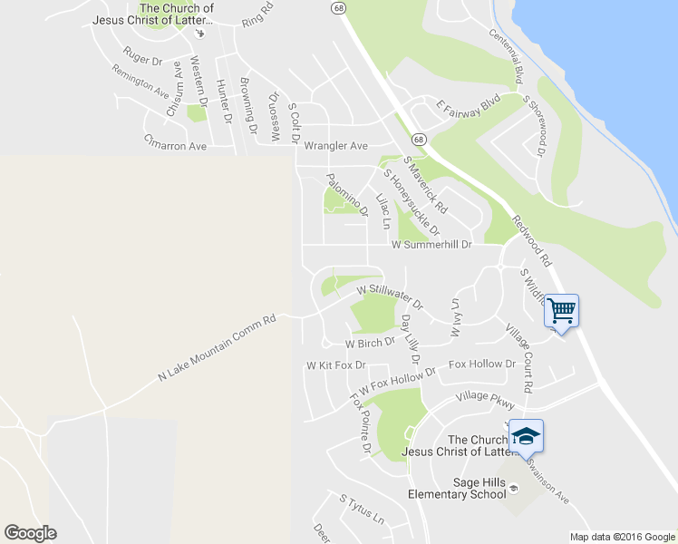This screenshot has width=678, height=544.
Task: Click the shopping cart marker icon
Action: point(561,312)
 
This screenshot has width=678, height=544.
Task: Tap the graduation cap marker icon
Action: point(526,437)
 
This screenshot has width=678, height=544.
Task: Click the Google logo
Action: point(30,533)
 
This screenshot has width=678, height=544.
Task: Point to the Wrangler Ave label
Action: point(335,145)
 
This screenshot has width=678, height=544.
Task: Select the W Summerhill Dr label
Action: point(431,245)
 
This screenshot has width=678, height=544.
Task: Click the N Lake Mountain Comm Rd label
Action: point(217,348)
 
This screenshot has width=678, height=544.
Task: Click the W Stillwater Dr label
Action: point(390,294)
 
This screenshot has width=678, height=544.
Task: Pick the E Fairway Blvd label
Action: point(468,105)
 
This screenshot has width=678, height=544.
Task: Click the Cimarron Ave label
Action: point(176,143)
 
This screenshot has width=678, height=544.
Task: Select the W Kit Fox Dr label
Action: point(335,365)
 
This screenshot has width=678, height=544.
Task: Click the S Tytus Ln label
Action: point(362,510)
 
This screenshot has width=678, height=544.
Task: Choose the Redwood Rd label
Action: point(532,239)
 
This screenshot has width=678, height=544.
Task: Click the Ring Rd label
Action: point(257,21)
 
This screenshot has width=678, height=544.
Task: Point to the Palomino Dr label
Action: point(347,195)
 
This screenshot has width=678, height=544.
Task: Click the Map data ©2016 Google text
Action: point(622,537)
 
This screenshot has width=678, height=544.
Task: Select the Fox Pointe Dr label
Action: point(361,423)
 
